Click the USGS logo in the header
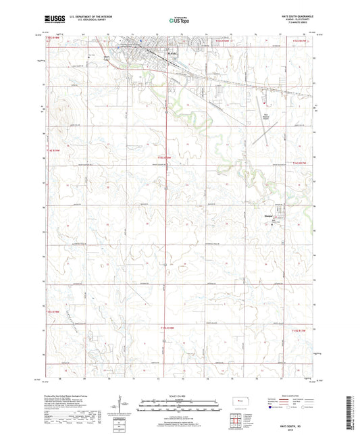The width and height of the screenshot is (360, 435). [51, 20]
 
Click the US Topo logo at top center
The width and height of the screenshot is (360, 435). [178, 20]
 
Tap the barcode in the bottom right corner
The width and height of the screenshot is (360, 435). [349, 413]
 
